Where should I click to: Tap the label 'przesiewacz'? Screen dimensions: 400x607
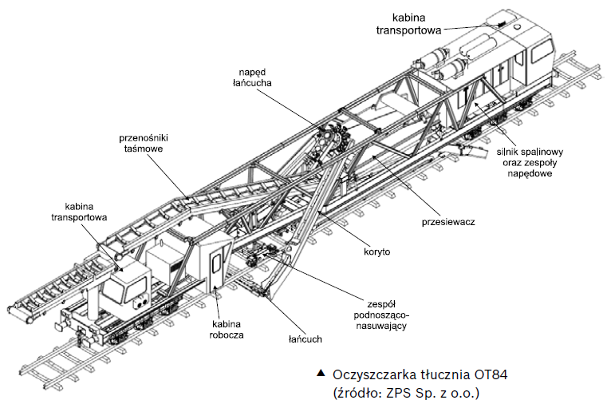[448, 221]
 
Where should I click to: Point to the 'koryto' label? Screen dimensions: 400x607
[374, 251]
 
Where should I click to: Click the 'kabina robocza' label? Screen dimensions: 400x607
[227, 329]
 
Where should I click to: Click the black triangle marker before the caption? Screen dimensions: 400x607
[321, 374]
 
